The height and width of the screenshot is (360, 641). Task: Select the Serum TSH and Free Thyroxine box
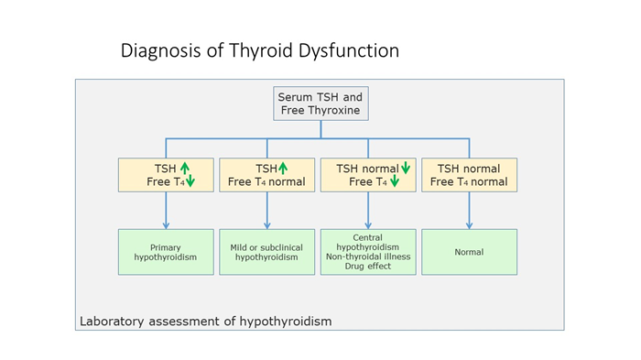(x=320, y=104)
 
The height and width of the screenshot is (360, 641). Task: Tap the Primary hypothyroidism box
(x=166, y=252)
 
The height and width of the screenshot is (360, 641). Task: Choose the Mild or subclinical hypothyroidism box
(x=266, y=252)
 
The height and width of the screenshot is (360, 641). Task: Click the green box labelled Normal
(x=469, y=252)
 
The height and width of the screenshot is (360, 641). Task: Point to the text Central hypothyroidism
(x=367, y=242)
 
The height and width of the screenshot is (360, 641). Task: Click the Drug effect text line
(x=367, y=266)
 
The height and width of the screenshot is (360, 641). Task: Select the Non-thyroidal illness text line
(x=367, y=256)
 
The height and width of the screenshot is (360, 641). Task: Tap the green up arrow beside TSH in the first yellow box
(x=184, y=169)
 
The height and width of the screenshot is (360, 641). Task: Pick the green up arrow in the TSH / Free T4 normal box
(x=283, y=169)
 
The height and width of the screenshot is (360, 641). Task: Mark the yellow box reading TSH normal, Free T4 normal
(x=469, y=175)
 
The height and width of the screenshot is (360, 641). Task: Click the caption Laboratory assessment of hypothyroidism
(x=205, y=322)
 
